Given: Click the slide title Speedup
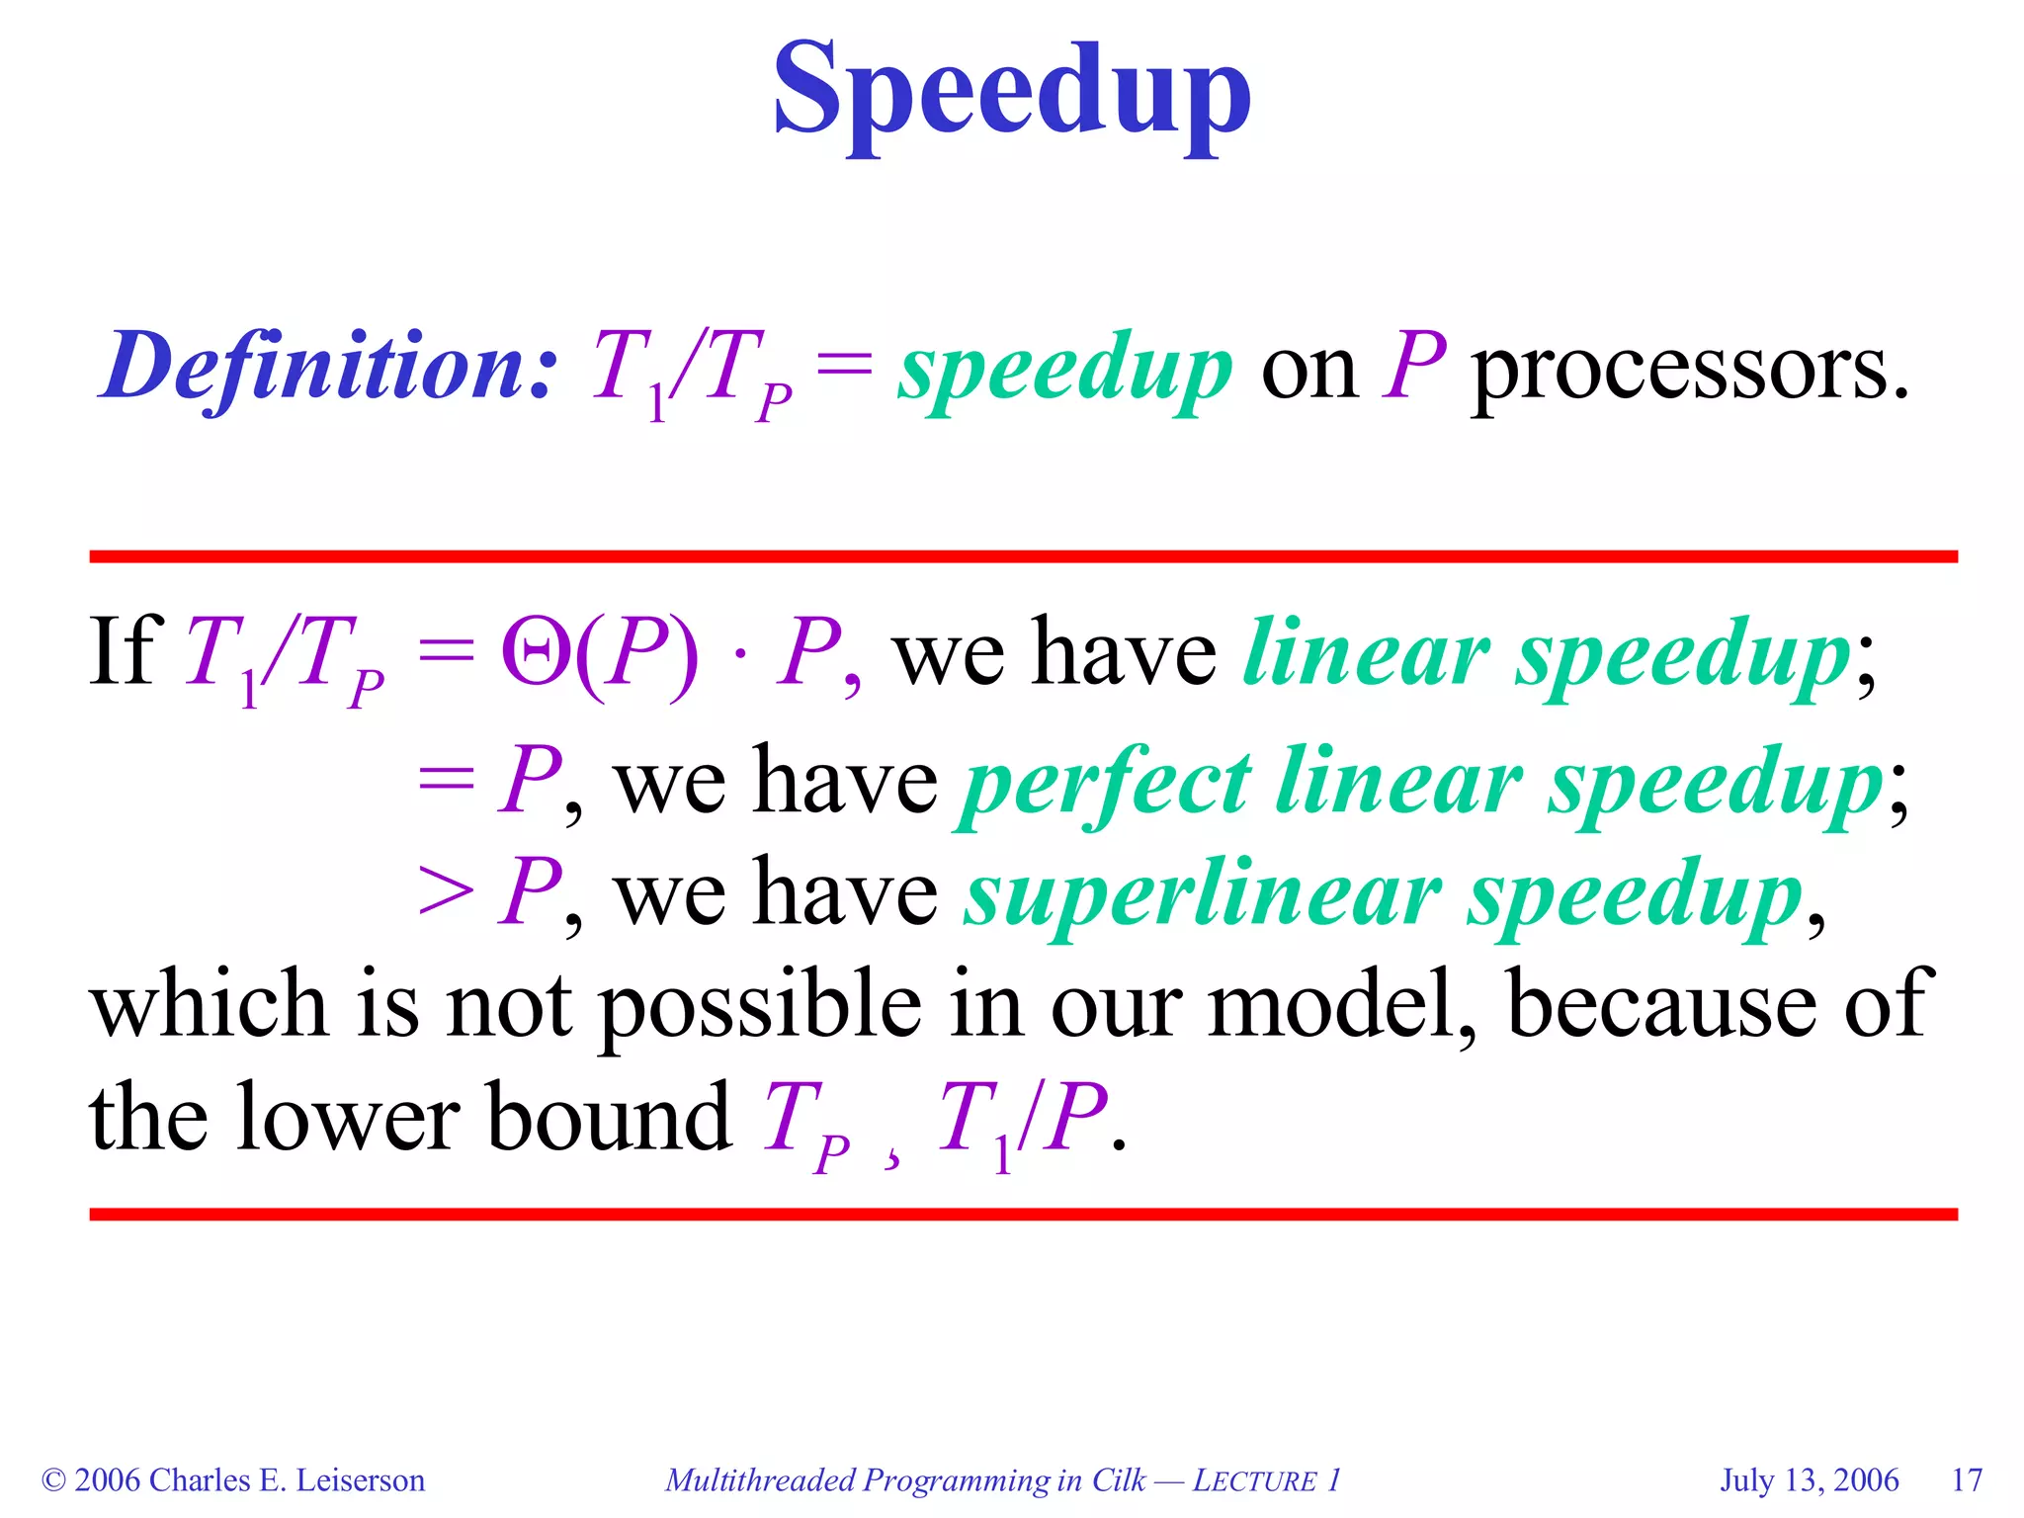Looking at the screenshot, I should (1011, 91).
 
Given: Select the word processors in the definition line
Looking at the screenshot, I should (1690, 368).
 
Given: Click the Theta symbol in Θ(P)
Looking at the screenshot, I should (534, 652).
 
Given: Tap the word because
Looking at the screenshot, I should (1660, 1004).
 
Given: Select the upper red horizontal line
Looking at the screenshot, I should (1023, 556).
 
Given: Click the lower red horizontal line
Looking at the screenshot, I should (1023, 1214).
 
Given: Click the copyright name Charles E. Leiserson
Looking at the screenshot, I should (287, 1479).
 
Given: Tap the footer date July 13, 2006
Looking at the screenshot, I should (1809, 1479).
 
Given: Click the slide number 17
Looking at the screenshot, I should (1967, 1479).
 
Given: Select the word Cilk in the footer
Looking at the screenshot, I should (1118, 1479).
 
